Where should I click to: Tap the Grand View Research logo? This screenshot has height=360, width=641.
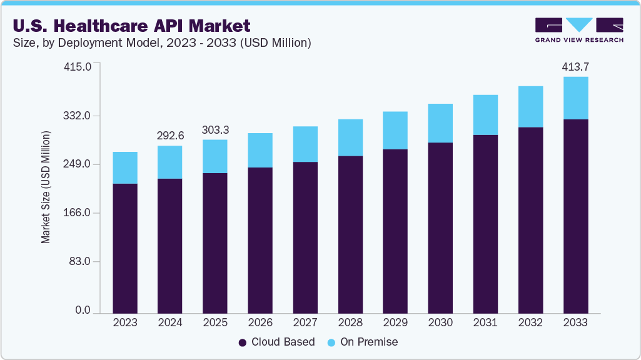point(579,30)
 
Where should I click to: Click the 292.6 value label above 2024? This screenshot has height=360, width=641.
point(170,136)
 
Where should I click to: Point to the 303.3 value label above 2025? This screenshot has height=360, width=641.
point(215,130)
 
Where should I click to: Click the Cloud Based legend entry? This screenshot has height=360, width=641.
point(277,342)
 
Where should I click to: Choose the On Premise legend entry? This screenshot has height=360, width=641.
point(362,342)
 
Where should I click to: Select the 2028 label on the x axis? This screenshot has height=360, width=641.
point(350,323)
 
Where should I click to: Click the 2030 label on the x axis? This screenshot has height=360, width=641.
point(440,323)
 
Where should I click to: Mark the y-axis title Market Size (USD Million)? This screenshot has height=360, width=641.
point(46,187)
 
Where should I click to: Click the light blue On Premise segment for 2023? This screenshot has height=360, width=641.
point(125,167)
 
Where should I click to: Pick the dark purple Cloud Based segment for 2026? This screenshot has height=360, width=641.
point(260,240)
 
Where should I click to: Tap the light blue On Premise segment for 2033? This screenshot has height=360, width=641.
point(575,98)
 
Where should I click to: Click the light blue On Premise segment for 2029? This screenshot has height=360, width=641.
point(395,131)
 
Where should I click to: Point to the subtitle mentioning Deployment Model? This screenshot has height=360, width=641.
point(163,43)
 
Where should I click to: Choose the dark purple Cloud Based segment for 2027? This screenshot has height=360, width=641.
point(305,237)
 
